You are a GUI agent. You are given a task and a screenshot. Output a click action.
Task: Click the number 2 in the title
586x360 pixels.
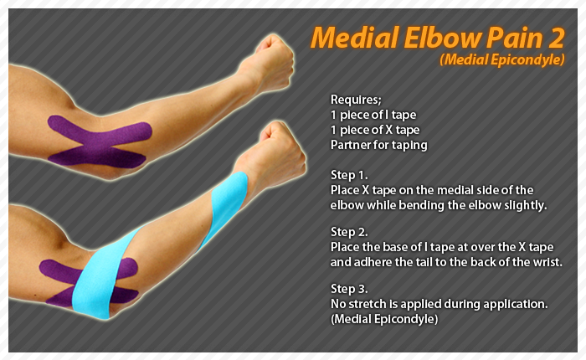(557, 39)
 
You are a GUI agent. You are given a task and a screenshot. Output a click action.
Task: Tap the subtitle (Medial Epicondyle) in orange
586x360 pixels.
(502, 59)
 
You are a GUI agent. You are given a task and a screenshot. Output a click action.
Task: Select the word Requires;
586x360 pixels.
(356, 100)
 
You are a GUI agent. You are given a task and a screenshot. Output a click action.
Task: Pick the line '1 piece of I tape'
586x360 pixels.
(373, 115)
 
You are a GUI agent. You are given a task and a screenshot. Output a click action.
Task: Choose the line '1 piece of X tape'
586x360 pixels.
(375, 130)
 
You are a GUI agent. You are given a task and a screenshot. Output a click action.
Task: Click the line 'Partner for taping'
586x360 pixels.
(379, 145)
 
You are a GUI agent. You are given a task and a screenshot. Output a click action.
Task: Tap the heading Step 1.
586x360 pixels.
(349, 175)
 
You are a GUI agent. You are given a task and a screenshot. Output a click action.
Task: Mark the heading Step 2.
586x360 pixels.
(349, 232)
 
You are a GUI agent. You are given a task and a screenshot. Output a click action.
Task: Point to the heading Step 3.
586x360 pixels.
(349, 289)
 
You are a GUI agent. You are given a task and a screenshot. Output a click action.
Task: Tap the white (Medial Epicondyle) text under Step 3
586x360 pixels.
(384, 319)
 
